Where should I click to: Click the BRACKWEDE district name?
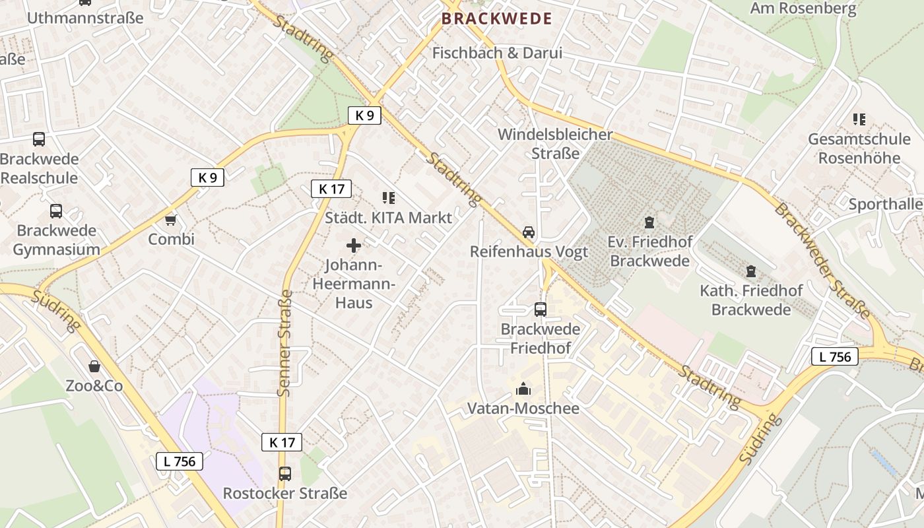[497, 18]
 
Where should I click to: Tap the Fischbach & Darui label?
[497, 53]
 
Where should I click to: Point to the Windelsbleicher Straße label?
[555, 144]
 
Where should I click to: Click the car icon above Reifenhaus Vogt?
[529, 232]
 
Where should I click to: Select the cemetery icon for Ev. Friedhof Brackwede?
[650, 222]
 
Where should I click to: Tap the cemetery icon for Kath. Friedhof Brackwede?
[750, 271]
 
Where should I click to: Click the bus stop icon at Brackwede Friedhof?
[541, 309]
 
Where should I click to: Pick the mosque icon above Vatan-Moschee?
[523, 389]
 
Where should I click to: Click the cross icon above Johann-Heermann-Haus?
[354, 246]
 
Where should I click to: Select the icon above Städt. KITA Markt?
[389, 197]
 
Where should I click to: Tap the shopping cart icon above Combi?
[171, 219]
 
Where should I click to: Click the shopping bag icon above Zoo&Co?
[94, 366]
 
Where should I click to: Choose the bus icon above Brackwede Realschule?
[39, 139]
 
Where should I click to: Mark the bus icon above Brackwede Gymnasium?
[56, 211]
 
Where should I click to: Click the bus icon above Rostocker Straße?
[284, 473]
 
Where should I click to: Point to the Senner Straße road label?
[285, 343]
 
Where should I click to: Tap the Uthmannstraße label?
[84, 18]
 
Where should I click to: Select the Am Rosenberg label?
[803, 9]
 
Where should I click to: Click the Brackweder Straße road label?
[822, 261]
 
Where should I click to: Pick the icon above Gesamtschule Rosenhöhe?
[859, 119]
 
